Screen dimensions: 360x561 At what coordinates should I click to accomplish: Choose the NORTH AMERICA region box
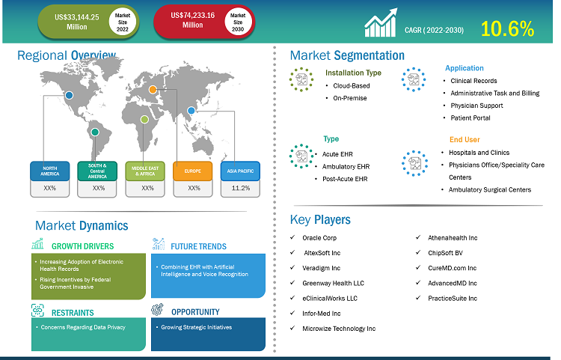tap(49, 171)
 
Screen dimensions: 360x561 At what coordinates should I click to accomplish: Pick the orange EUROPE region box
tap(194, 171)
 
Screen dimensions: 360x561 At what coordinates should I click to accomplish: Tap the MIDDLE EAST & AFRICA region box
tap(146, 171)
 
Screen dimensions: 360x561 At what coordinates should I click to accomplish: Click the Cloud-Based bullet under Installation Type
tap(352, 85)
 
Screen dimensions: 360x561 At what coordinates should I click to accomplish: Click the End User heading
tap(465, 139)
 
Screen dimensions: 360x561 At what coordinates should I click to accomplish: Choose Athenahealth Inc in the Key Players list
tap(453, 238)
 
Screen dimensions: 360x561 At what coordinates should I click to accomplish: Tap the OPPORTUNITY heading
tap(195, 311)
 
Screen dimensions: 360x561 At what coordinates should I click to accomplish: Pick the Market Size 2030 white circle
tap(238, 20)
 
